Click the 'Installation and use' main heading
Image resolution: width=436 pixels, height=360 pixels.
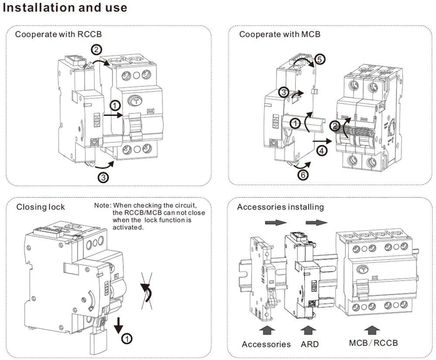pos(65,8)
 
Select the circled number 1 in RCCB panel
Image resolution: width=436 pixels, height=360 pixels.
pos(114,105)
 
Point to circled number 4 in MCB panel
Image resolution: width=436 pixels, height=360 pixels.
pos(321,151)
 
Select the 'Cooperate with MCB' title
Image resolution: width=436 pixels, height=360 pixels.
pos(279,34)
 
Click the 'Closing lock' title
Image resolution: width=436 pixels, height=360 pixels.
pos(41,207)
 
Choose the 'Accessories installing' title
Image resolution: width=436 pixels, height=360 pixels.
pos(280,207)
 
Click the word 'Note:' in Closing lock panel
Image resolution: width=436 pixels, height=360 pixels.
pos(103,206)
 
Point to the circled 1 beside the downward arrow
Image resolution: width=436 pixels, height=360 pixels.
pos(126,338)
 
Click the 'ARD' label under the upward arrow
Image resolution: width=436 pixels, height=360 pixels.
pos(310,344)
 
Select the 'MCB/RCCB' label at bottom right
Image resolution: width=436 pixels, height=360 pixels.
pos(373,343)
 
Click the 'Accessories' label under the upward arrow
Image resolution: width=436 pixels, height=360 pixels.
pos(266,344)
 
